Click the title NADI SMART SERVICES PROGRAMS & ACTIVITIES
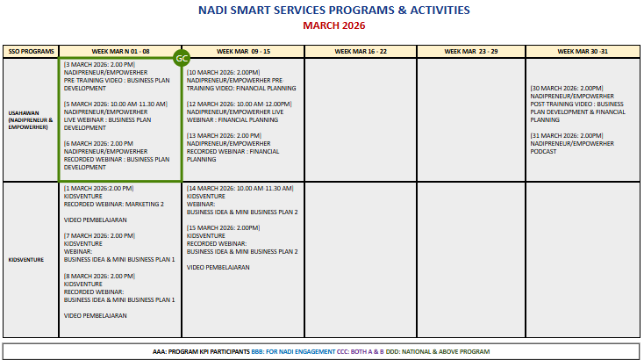tap(321, 11)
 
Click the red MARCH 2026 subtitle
tap(321, 25)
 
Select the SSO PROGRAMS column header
tap(31, 52)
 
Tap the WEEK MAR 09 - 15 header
tap(242, 52)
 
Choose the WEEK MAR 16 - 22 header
tap(360, 52)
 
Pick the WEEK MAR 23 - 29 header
tap(470, 52)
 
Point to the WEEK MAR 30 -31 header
tap(583, 52)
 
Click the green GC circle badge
tap(182, 58)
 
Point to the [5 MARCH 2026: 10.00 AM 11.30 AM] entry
tap(115, 104)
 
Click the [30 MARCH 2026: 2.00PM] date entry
tap(567, 88)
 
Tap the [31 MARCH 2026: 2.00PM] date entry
tap(567, 135)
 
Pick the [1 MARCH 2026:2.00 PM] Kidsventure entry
tap(98, 188)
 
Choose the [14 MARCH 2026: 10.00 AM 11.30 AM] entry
tap(240, 188)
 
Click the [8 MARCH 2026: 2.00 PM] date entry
tap(99, 276)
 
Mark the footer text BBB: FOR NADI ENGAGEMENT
tap(286, 351)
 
